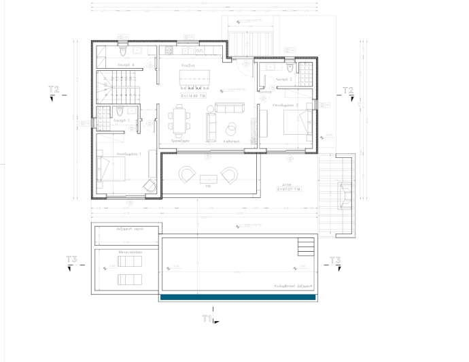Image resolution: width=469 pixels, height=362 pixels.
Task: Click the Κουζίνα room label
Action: coord(188,65)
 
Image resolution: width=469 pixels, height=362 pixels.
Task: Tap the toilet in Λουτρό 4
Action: coord(123,51)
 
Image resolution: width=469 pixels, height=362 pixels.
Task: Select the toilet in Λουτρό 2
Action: coord(290,67)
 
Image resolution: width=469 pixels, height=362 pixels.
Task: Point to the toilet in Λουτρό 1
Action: coord(120,112)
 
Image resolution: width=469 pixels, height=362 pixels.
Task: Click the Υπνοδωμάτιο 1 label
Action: coord(128,154)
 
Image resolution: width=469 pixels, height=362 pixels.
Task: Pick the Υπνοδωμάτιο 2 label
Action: coord(286,105)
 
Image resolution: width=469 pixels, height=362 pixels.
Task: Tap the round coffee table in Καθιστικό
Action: coord(231,127)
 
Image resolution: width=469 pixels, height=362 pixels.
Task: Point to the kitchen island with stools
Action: coord(195,80)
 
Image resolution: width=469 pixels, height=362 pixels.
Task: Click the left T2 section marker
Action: coord(54,91)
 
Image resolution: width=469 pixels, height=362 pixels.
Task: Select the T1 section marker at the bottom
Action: coord(209,318)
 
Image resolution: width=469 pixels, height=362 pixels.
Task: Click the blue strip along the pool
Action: coord(239,297)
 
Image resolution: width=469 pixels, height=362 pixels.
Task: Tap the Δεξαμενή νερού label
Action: coord(127,230)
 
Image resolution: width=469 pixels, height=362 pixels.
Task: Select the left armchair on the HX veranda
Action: coord(185,175)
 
